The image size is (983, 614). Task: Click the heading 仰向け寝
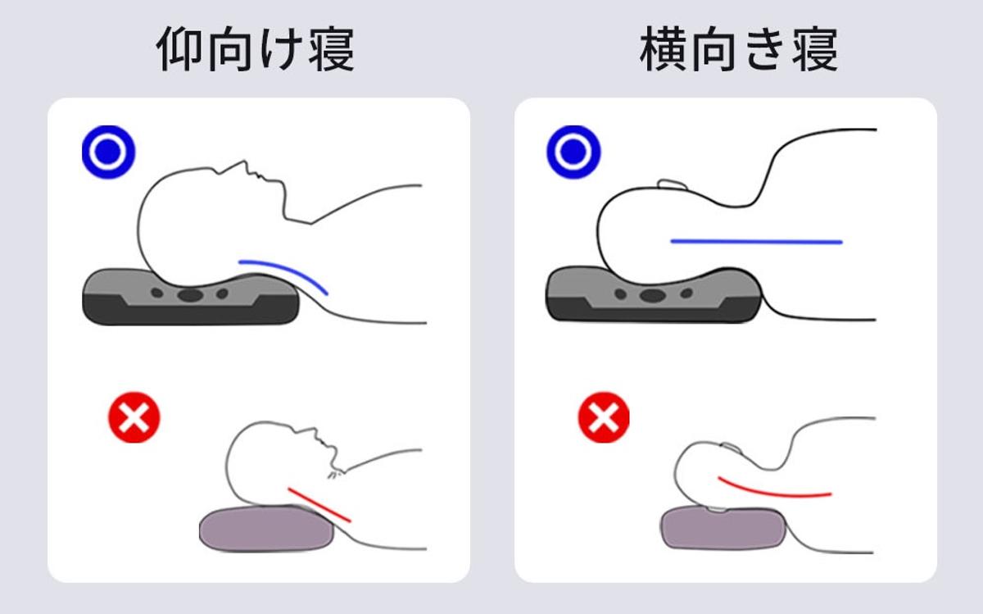coord(255,48)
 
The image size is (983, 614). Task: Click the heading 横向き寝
coord(739,48)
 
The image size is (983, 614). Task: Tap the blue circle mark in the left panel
coord(108,152)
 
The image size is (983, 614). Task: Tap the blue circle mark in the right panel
coord(573,152)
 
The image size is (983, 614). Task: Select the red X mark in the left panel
coord(134,417)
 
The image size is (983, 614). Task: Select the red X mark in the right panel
coord(604,417)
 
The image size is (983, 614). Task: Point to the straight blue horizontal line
coord(757,242)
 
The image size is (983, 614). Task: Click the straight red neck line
coord(319,505)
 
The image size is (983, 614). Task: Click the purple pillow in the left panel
coord(266,529)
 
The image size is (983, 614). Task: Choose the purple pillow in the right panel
coord(723,527)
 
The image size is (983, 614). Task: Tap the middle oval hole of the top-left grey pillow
coord(190,295)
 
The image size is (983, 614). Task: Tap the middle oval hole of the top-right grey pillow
coord(653,295)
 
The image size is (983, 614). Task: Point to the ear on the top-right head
coord(673,184)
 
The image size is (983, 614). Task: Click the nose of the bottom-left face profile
coord(315,431)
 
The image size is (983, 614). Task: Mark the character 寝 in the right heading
coord(815,48)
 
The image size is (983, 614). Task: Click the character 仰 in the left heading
coord(179,48)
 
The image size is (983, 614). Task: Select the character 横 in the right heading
coord(663,48)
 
